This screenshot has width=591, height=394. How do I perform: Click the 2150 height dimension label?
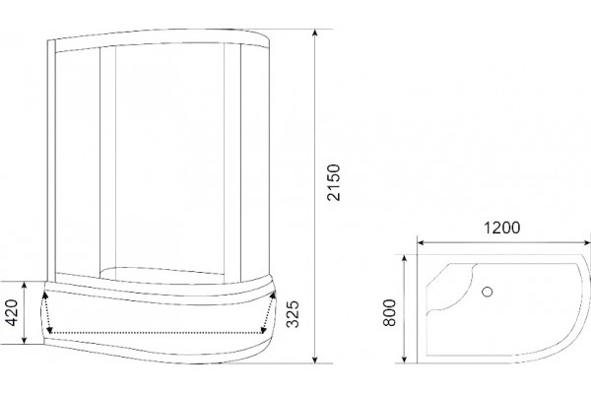point(334,182)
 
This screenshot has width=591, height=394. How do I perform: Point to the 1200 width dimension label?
point(501,228)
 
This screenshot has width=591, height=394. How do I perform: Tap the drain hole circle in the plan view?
point(488,292)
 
